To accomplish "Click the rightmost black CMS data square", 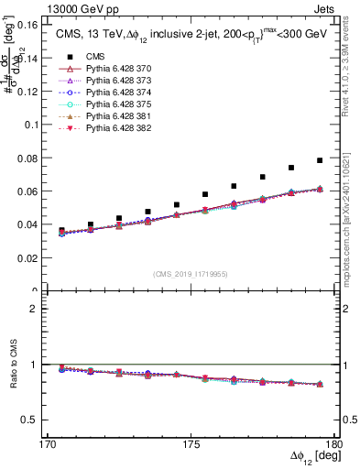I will point(320,160).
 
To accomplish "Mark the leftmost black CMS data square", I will point(62,231).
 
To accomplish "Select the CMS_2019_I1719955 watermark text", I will point(191,273).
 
